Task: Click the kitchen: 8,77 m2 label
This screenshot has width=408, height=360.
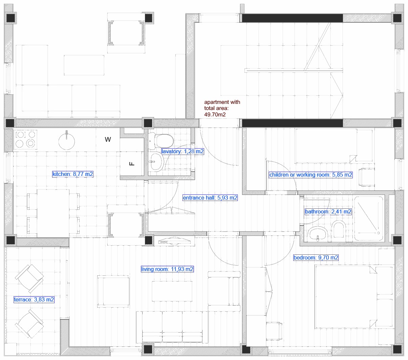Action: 73,174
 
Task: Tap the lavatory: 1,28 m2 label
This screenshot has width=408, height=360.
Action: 182,151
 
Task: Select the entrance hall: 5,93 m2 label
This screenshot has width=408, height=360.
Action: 210,198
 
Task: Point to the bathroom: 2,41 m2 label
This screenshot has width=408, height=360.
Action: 328,212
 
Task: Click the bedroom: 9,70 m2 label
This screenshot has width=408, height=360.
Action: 316,258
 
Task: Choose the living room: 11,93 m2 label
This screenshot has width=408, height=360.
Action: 167,269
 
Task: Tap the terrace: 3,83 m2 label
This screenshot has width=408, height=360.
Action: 34,300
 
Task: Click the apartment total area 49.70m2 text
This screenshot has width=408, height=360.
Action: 222,108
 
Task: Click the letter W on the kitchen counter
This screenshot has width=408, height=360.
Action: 108,139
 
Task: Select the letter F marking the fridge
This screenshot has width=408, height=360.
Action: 132,164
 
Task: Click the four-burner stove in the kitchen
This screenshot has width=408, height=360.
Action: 25,139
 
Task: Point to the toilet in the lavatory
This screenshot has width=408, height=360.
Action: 162,140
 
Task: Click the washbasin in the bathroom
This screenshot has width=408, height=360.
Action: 317,234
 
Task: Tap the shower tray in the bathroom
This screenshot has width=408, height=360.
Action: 369,219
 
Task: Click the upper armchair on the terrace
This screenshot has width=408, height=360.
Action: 30,278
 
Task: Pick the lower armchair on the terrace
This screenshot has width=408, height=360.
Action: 30,323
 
